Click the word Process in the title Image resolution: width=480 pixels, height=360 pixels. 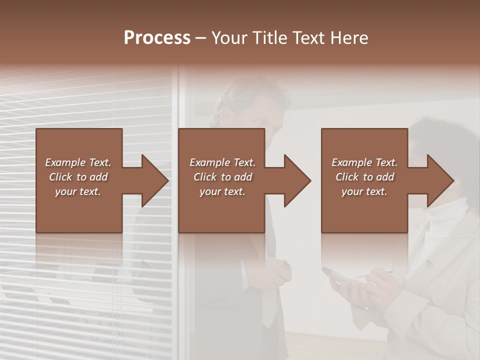(157, 38)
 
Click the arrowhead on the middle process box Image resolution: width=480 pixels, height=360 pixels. (295, 181)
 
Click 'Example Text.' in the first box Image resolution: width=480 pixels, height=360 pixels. (78, 162)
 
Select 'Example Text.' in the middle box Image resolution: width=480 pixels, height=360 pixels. (222, 162)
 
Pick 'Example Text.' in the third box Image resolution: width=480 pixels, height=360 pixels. (364, 162)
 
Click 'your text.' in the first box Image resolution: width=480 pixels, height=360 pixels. (78, 191)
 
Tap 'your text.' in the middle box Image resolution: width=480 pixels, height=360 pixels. (222, 191)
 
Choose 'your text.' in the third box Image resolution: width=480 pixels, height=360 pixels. (364, 191)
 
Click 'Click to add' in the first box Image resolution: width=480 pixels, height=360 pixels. (78, 177)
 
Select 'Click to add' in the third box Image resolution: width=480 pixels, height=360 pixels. (364, 177)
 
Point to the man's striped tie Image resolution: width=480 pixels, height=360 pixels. (269, 305)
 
